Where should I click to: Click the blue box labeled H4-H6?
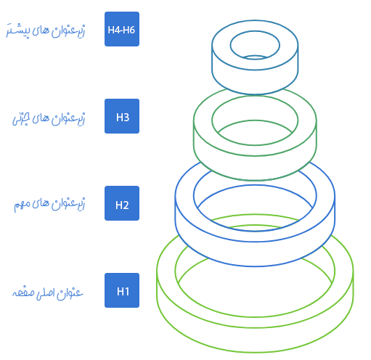click(122, 29)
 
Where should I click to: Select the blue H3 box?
click(122, 116)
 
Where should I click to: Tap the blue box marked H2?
click(122, 203)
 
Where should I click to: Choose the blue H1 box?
click(122, 290)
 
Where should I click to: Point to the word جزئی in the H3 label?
click(21, 118)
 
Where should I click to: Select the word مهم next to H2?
click(22, 205)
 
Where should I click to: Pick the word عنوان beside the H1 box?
click(70, 293)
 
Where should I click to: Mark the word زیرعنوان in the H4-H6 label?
click(68, 31)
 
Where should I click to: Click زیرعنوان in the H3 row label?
click(68, 118)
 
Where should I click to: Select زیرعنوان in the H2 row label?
click(68, 205)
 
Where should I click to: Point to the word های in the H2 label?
click(41, 204)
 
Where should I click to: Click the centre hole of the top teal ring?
click(255, 45)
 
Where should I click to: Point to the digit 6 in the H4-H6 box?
click(132, 30)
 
